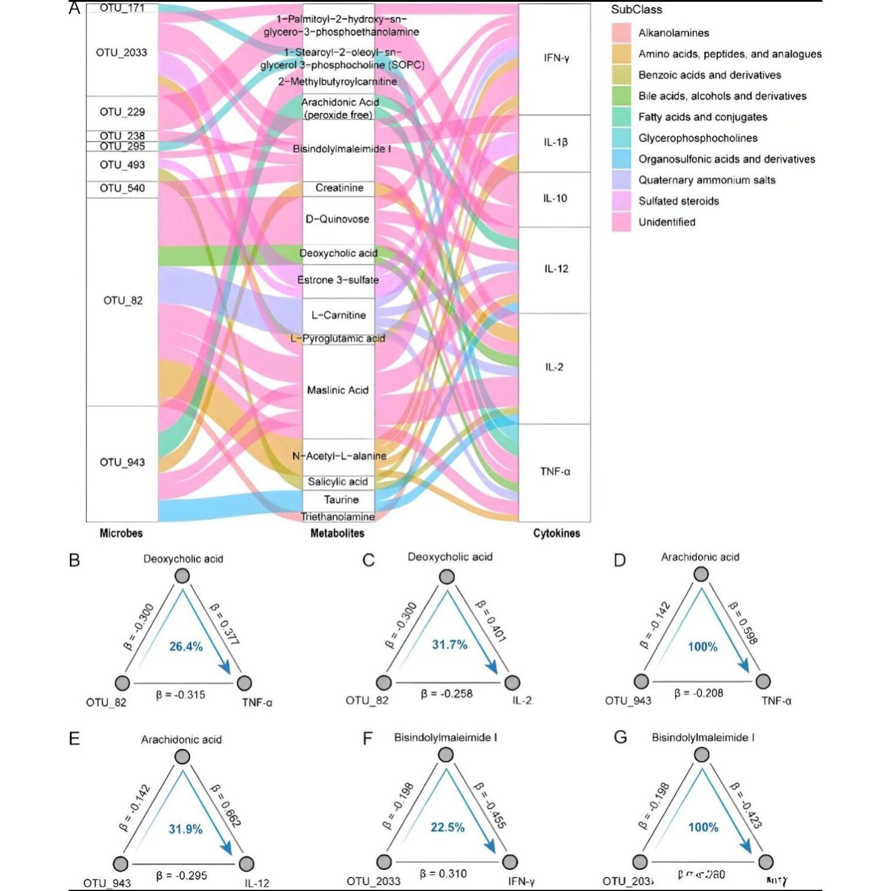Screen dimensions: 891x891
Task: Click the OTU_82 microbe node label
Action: point(123,301)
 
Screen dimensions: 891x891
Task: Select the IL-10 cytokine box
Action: point(554,199)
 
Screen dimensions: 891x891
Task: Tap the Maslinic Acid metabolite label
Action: point(338,390)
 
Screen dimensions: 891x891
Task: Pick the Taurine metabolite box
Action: point(339,500)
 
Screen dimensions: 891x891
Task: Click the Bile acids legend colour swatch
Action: point(621,96)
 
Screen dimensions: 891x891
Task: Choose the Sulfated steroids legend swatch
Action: point(621,201)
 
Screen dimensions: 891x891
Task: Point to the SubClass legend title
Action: point(636,9)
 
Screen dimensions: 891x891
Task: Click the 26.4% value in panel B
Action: point(185,646)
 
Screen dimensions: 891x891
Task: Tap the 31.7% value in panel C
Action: point(449,645)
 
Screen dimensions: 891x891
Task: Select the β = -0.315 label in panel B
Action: point(181,695)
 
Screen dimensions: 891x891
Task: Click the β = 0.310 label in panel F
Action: point(443,873)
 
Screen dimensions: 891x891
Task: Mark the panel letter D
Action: point(619,560)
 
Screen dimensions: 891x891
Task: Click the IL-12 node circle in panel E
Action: point(246,863)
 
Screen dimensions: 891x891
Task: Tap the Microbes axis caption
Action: point(121,533)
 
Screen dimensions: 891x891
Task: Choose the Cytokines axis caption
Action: point(556,533)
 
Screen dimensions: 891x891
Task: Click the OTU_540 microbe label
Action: point(122,188)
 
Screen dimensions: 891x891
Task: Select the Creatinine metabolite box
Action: point(339,188)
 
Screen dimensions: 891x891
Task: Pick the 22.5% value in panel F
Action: point(448,827)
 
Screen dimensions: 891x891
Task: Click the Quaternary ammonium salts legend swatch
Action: point(621,179)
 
